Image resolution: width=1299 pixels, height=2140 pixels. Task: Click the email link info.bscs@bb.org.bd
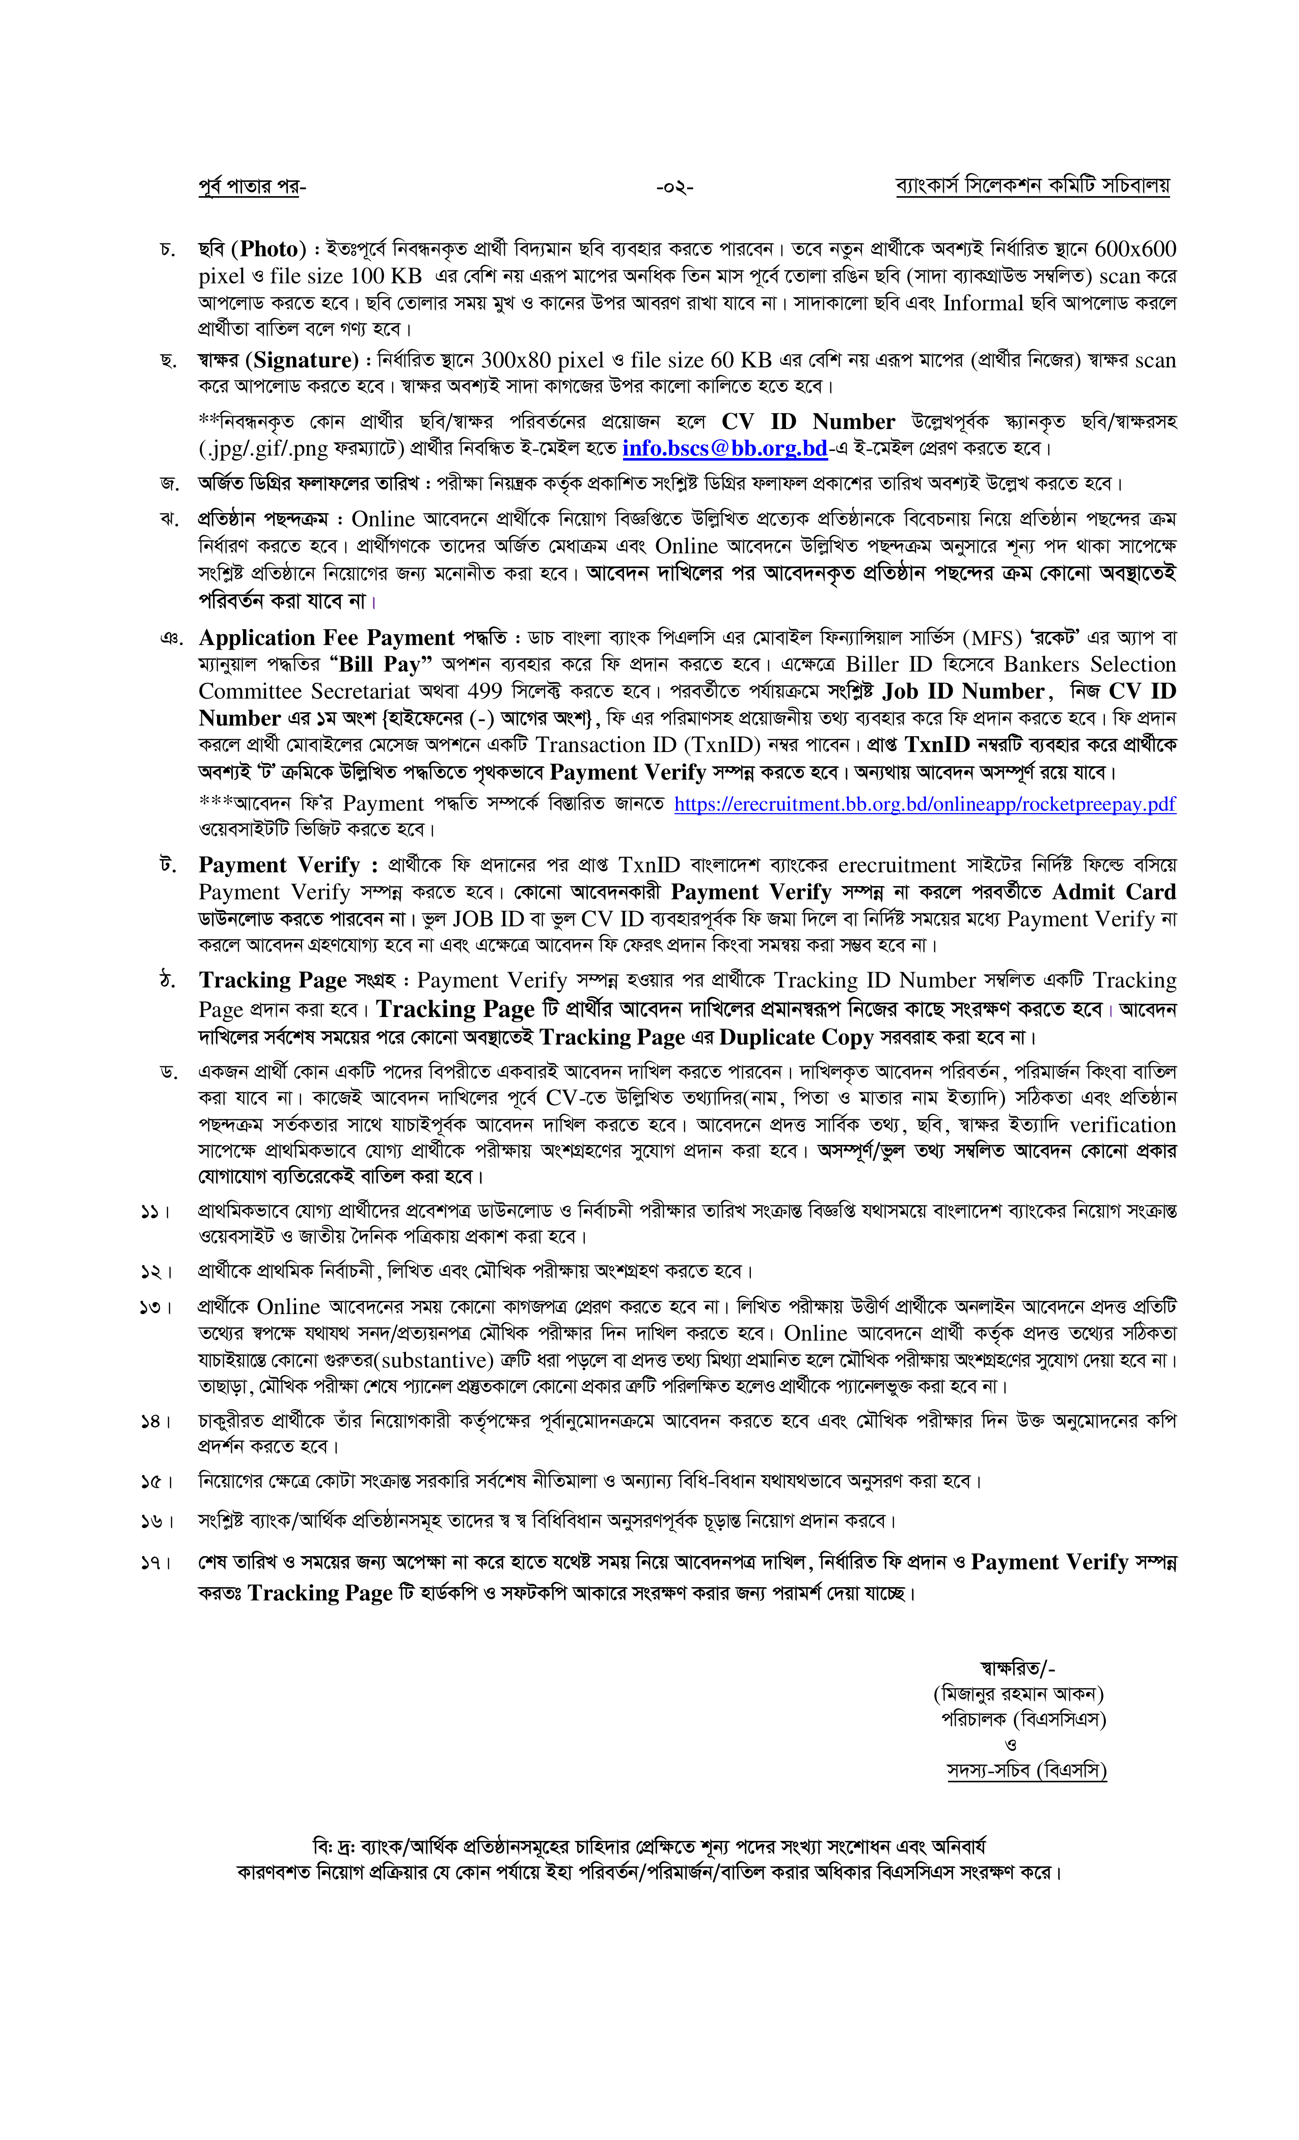[x=724, y=449]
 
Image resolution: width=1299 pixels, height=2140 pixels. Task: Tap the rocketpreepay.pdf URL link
[x=924, y=804]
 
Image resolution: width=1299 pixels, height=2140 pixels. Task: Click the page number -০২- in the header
[x=674, y=186]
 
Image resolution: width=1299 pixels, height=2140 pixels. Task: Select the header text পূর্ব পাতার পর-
[x=252, y=186]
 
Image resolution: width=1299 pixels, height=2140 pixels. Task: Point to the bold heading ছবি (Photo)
[x=252, y=250]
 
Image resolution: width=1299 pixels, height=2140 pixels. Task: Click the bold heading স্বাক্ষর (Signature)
[x=278, y=360]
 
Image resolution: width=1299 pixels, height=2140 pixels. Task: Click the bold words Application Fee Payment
[x=327, y=638]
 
